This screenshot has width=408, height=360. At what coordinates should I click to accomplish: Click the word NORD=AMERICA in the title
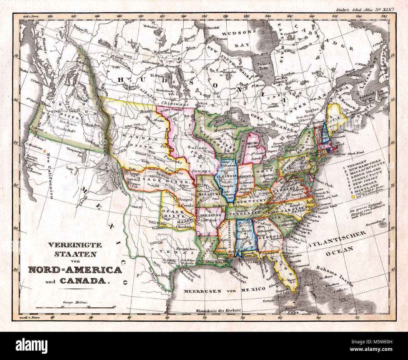pos(75,270)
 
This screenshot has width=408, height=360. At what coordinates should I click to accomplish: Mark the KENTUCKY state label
pos(248,202)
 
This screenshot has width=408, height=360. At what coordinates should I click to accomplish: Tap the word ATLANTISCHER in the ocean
pos(337,240)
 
